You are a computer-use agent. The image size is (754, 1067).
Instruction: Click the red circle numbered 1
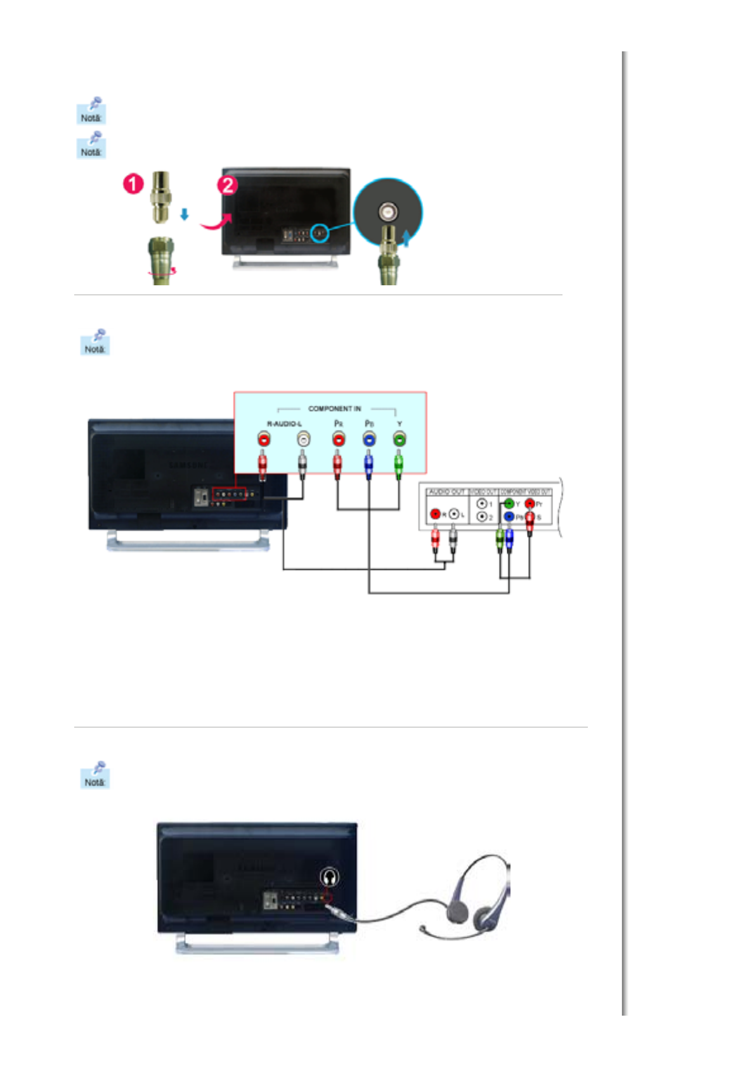pos(133,184)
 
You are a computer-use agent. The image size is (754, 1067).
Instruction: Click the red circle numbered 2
pos(228,185)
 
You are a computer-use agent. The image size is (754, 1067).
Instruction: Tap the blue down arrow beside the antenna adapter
pos(185,215)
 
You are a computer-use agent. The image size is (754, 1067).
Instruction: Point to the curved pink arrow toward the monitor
pos(214,223)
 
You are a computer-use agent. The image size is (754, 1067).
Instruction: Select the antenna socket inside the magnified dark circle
pos(387,212)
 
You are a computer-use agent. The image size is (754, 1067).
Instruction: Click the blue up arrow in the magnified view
pos(406,237)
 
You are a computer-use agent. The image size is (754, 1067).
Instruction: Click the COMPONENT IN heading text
pos(334,409)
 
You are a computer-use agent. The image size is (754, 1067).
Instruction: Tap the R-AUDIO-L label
pos(283,424)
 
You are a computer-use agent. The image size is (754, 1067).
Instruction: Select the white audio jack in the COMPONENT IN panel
pos(304,439)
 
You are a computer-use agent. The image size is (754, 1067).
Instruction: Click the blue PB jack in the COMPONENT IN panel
pos(368,439)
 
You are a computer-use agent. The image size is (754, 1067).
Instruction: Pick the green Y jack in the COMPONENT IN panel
pos(399,439)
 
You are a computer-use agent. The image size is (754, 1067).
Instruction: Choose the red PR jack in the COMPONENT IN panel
pos(338,439)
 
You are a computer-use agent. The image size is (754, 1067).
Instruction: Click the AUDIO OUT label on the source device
pos(446,492)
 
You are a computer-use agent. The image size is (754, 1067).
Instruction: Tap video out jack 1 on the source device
pos(482,504)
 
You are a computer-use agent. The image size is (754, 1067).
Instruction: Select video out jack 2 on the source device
pos(482,517)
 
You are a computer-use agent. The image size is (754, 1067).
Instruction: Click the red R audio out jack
pos(435,514)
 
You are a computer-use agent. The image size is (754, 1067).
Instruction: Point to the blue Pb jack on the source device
pos(509,517)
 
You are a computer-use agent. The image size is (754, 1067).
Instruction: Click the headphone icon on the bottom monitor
pos(328,877)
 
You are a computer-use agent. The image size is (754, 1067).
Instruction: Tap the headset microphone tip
pos(422,929)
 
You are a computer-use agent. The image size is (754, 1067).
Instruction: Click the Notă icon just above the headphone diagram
pos(95,775)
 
